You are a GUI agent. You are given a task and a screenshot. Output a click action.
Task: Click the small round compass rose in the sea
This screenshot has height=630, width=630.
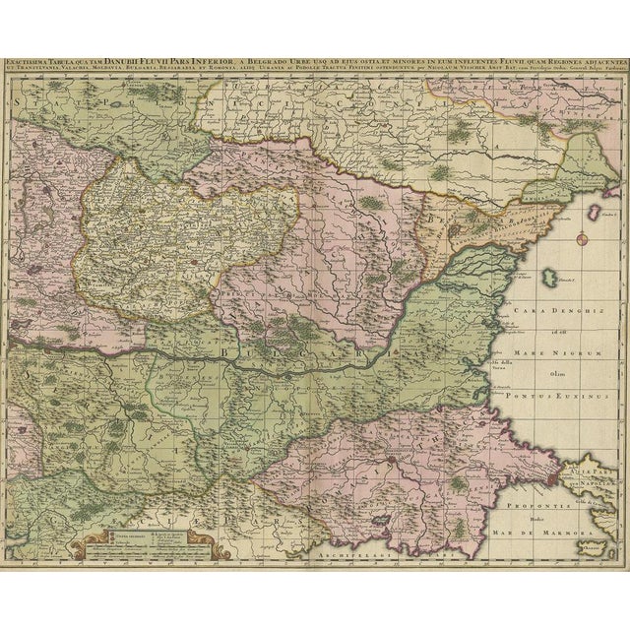[581, 238]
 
